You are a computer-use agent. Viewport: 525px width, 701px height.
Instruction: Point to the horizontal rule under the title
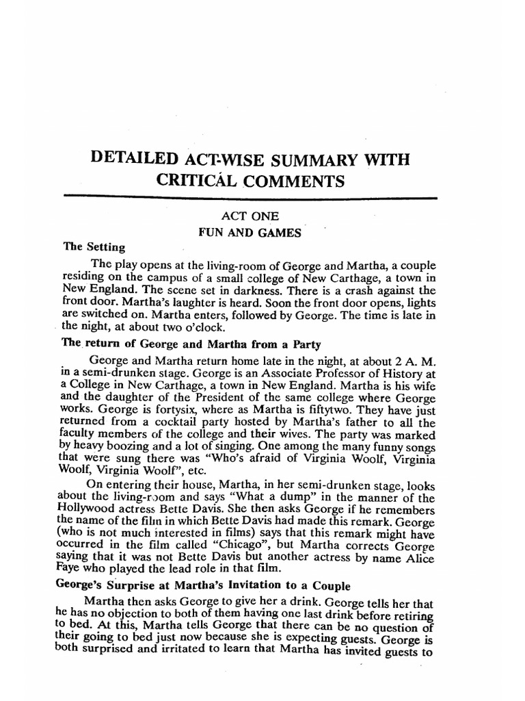(250, 197)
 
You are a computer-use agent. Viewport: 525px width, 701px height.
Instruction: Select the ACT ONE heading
(250, 216)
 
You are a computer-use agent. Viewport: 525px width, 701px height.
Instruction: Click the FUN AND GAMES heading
(250, 233)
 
